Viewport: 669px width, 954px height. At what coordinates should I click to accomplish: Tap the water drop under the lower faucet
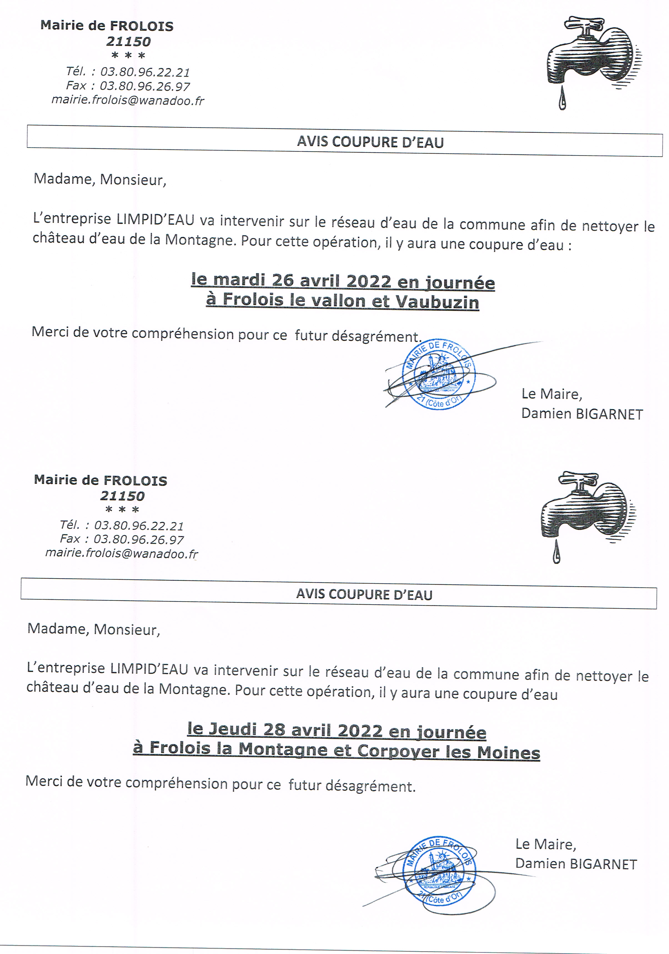[557, 554]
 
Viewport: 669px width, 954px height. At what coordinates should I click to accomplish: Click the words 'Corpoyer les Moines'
[448, 751]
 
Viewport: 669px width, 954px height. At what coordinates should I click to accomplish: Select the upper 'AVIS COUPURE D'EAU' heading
[370, 142]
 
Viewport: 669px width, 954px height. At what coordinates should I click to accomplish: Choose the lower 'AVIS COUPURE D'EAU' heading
[364, 595]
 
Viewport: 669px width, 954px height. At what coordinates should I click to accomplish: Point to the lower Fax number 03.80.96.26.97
[138, 540]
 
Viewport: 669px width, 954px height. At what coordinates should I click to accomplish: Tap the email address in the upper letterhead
[127, 101]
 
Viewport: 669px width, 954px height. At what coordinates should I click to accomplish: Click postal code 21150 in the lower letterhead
[122, 496]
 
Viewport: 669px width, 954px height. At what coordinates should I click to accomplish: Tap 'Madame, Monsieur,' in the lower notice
[94, 629]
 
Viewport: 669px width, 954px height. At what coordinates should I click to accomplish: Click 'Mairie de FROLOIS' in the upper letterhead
[107, 26]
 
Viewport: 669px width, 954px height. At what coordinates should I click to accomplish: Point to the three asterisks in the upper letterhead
[128, 55]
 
